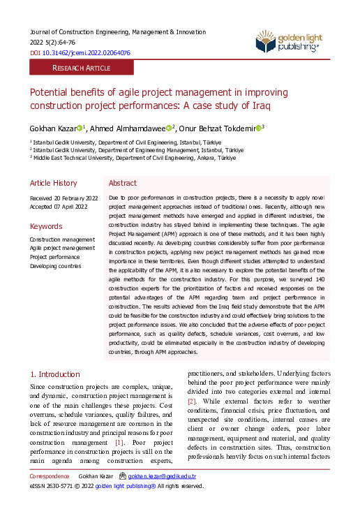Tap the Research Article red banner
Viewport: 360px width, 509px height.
pyautogui.click(x=81, y=68)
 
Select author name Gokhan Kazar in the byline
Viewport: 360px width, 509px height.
pyautogui.click(x=52, y=128)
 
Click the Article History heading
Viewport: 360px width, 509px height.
pyautogui.click(x=53, y=183)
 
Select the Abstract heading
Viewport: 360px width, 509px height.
pyautogui.click(x=123, y=183)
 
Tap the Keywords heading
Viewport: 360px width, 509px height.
pyautogui.click(x=45, y=226)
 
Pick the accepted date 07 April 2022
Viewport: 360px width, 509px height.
pyautogui.click(x=58, y=207)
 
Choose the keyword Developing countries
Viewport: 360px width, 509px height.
pyautogui.click(x=55, y=266)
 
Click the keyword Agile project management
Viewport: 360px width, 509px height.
pyautogui.click(x=62, y=248)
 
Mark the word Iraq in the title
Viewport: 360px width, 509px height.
pyautogui.click(x=260, y=106)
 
